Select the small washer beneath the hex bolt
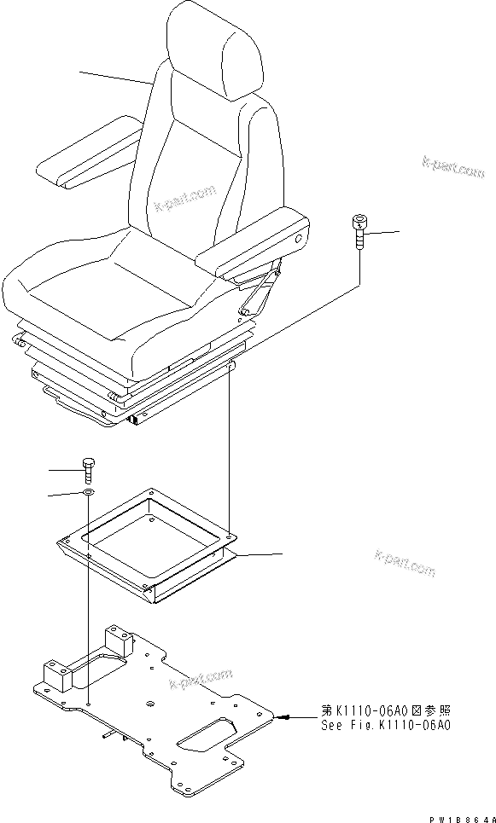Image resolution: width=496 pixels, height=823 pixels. tap(89, 493)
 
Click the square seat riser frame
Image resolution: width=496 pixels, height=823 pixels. tap(149, 546)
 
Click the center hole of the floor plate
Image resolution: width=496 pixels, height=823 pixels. tap(150, 704)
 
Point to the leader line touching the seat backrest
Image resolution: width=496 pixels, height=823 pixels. tap(115, 78)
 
